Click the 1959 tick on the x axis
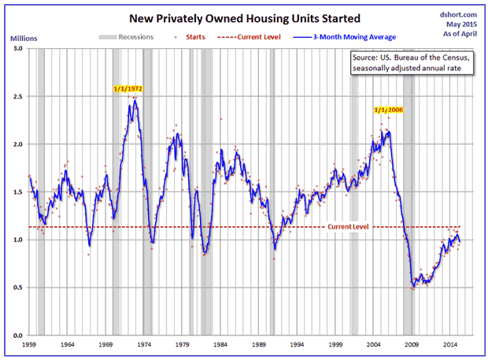click(29, 345)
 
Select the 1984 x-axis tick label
click(221, 345)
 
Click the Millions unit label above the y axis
click(24, 37)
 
